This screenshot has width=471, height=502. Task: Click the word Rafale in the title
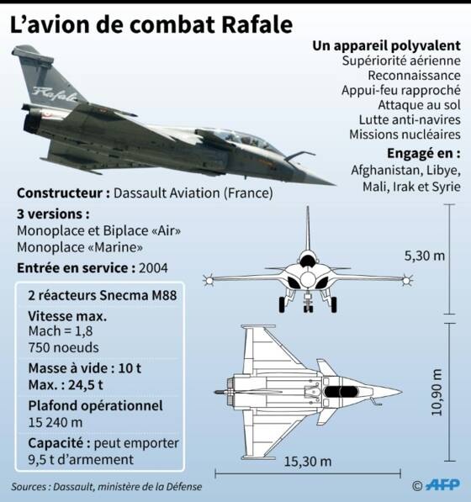257,24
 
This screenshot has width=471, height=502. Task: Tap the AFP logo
443,484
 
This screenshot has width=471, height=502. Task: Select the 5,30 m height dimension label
425,256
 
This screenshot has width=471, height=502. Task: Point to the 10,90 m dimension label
437,392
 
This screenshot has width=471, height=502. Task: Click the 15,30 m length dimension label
308,462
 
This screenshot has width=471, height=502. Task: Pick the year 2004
153,268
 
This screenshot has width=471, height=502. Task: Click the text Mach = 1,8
61,331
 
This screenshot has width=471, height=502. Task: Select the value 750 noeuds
63,347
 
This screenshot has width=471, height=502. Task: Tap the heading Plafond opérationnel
95,406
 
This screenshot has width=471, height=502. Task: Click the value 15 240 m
56,423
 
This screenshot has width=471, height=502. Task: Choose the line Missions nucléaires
405,135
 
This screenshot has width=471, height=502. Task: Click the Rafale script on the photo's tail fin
55,94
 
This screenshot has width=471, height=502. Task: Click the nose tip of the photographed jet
334,185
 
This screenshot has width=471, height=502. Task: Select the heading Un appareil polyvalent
386,45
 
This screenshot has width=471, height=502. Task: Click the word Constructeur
60,193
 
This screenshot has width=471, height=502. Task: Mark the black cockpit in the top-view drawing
341,392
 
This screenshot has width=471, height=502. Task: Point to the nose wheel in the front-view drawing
308,308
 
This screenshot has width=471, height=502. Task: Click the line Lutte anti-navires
410,119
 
